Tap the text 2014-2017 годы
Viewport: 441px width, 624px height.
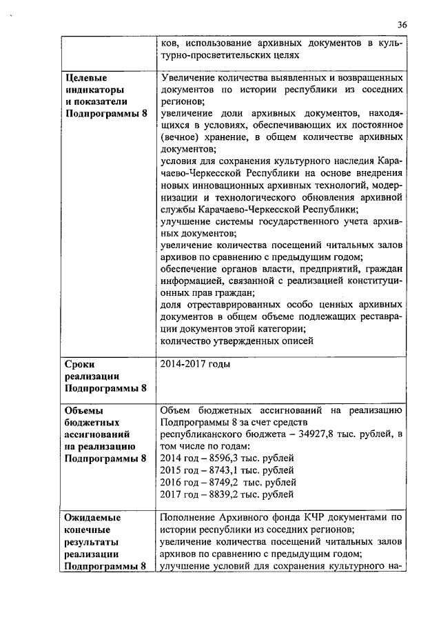point(195,364)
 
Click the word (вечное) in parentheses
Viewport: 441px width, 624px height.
point(180,137)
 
